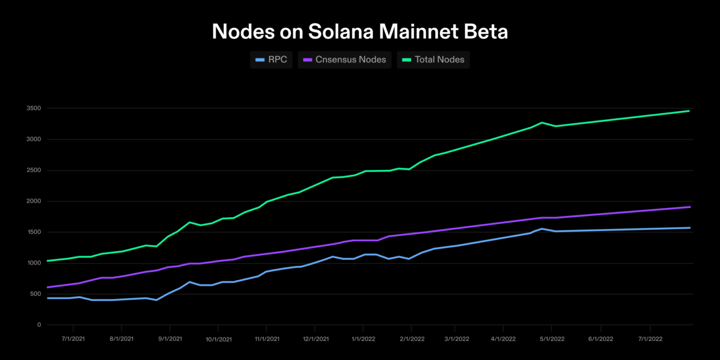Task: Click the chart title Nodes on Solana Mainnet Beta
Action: coord(360,32)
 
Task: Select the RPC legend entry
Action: coord(271,60)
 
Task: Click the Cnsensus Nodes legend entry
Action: coord(345,60)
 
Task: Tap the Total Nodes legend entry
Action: coord(433,60)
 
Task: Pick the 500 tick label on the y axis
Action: coord(35,294)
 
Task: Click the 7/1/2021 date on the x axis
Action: coord(73,339)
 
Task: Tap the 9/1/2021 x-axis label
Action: coord(170,339)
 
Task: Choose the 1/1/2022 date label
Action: coord(363,339)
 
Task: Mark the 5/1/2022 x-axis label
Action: coord(552,339)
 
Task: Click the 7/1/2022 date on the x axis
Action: coord(650,339)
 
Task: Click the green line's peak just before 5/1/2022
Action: coord(542,123)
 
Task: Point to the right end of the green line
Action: coord(690,111)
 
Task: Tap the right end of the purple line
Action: coord(690,207)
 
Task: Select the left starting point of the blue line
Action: coord(48,298)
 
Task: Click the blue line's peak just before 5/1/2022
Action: coord(542,229)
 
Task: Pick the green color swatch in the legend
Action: coord(407,60)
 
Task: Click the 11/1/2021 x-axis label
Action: coord(267,339)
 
